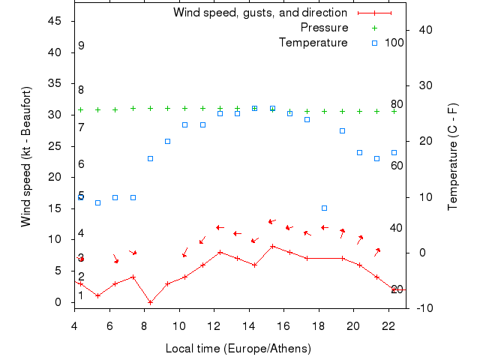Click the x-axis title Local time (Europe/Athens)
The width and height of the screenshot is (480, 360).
pos(240,349)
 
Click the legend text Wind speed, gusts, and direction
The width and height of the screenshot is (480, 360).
pos(260,13)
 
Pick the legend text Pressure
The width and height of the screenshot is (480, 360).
pos(324,28)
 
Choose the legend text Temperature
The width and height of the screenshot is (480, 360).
pos(313,43)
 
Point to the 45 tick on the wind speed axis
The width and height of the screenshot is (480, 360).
pos(55,21)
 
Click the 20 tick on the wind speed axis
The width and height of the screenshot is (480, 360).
pos(55,177)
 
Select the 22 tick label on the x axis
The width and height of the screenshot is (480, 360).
pos(388,325)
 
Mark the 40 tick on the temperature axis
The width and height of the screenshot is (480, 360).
pos(424,30)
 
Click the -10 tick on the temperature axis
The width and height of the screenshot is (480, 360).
pos(421,307)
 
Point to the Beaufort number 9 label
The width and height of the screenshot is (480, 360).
pos(81,46)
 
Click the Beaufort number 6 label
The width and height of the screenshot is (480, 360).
pos(81,164)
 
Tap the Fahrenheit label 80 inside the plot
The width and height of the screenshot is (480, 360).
pos(397,104)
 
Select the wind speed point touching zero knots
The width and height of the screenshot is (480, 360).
pos(150,302)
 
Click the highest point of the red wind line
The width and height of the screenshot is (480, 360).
pos(272,246)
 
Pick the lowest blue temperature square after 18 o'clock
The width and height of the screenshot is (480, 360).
pos(324,208)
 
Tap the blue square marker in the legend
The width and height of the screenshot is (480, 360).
pos(374,43)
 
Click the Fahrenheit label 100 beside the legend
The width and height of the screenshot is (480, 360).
pos(394,43)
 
